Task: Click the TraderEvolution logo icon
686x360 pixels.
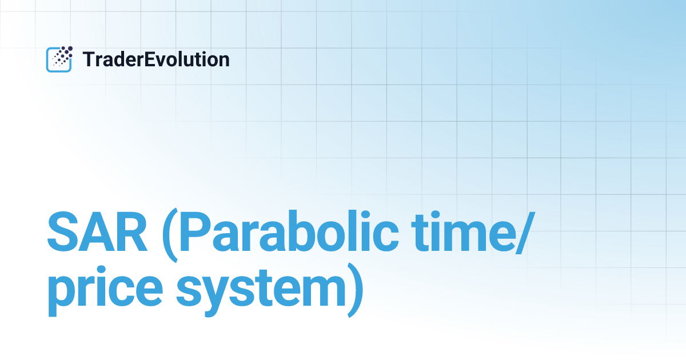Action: click(x=59, y=59)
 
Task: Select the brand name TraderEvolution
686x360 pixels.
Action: click(x=156, y=59)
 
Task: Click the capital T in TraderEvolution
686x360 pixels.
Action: click(x=88, y=59)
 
